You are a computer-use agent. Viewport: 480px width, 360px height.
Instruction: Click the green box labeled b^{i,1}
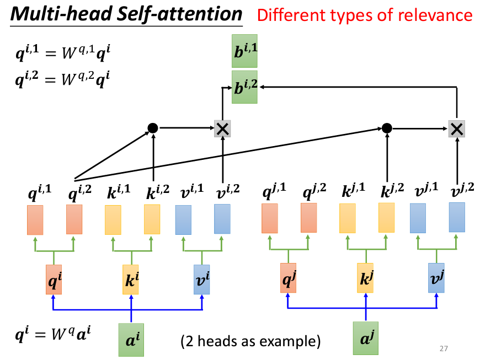coord(246,54)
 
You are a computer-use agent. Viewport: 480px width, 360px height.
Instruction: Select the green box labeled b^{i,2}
coord(246,87)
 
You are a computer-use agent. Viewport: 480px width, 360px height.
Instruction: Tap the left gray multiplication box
coord(222,128)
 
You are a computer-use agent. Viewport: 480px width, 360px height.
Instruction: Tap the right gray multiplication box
coord(456,128)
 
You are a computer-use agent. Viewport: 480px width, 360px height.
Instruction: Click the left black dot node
coord(153,128)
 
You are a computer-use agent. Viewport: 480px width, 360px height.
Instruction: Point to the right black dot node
coord(387,128)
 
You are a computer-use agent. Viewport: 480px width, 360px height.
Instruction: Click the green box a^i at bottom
coord(131,340)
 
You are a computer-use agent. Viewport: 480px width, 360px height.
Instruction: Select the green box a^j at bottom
coord(365,340)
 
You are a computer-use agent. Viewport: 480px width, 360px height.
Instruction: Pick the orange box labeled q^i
coord(54,279)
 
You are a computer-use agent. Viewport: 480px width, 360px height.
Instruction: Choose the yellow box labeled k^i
coord(131,279)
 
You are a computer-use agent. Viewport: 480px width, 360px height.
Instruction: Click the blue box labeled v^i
coord(202,279)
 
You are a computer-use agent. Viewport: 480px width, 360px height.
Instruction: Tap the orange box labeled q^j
coord(288,278)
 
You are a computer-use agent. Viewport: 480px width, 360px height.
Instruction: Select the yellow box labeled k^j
coord(365,278)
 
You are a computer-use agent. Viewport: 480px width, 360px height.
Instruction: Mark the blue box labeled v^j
coord(436,278)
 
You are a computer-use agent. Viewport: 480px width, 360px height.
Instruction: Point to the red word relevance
coord(441,15)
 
